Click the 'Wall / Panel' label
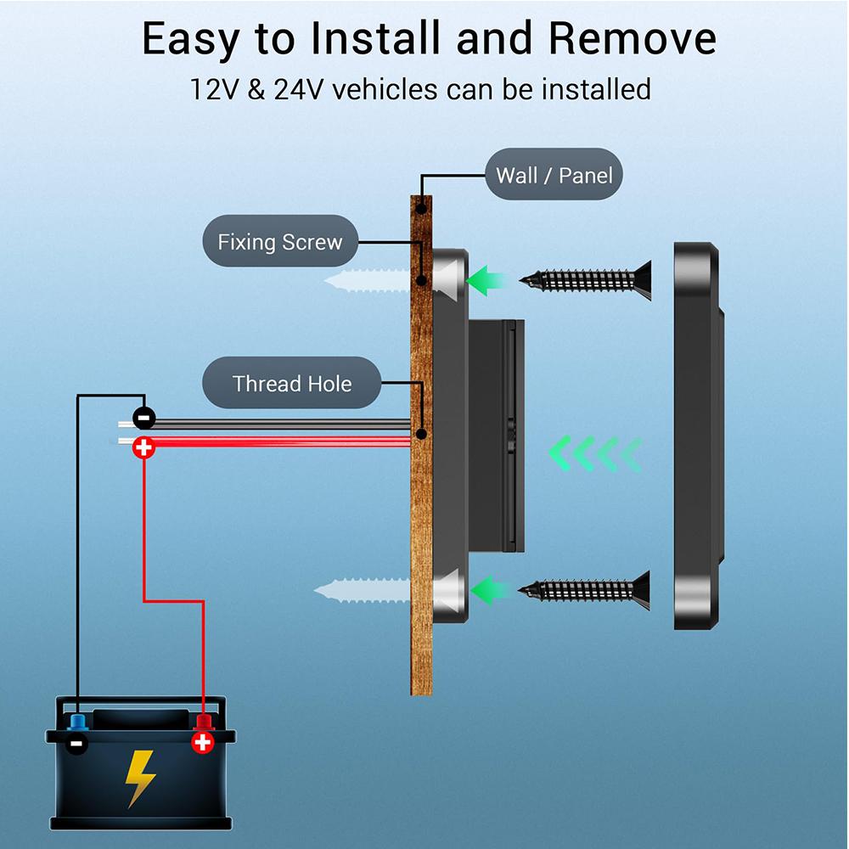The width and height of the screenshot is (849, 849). point(554,175)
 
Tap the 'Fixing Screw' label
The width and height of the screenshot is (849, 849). point(279,242)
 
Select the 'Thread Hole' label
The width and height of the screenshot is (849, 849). point(291,384)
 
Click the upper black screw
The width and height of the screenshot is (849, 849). point(586,279)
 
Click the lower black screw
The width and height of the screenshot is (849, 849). point(586,588)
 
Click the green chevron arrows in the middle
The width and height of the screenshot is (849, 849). point(594,453)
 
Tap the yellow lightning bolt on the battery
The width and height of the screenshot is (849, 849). point(140,777)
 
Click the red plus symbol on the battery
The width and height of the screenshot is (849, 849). point(202,743)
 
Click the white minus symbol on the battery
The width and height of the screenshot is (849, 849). point(77,745)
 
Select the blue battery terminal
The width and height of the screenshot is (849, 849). point(78,722)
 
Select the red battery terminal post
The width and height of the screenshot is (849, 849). point(203,722)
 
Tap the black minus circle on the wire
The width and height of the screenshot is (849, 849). point(144,418)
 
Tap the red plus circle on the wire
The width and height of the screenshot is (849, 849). point(144,447)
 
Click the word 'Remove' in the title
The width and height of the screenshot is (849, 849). point(632,39)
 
